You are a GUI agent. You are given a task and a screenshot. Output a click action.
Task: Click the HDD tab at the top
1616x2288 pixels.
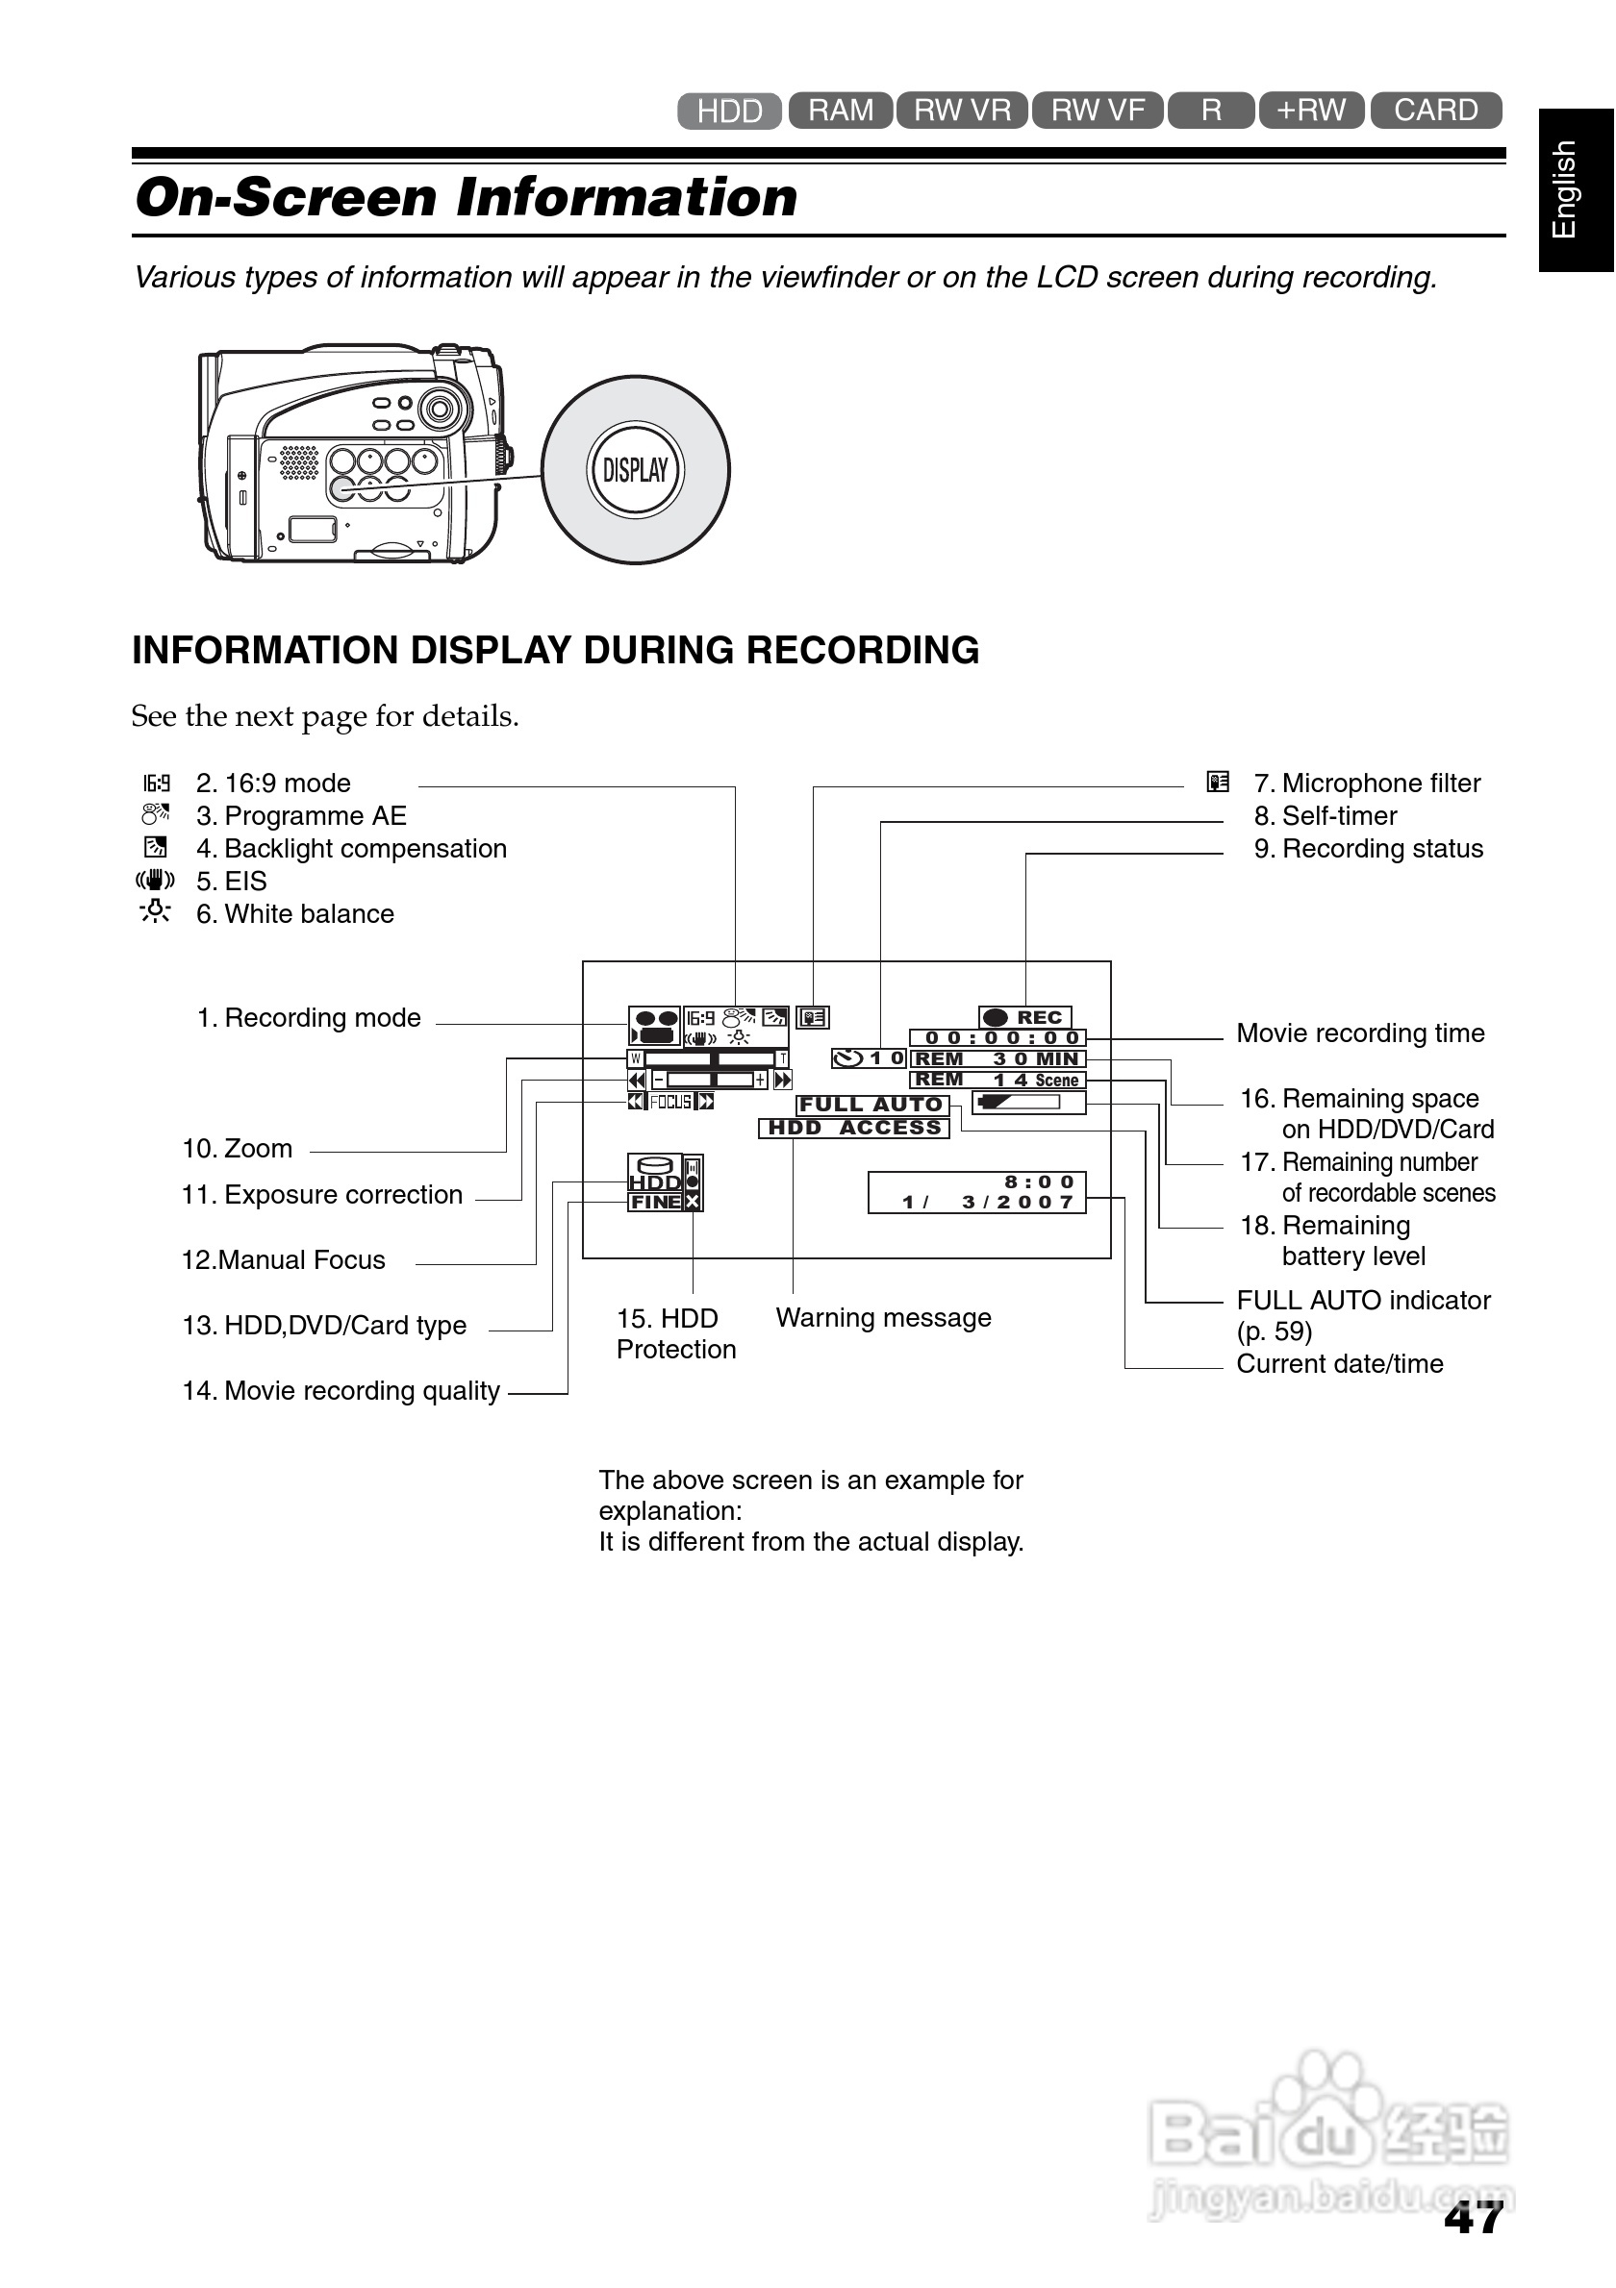pyautogui.click(x=729, y=111)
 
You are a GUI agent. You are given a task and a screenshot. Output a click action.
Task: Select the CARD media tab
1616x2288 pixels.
pyautogui.click(x=1434, y=110)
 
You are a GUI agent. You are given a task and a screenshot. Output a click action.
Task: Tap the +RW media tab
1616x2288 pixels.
pyautogui.click(x=1310, y=110)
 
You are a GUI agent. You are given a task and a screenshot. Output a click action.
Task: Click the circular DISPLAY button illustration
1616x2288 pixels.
pyautogui.click(x=635, y=469)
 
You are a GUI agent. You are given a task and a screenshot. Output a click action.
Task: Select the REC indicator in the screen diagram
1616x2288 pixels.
pyautogui.click(x=1024, y=1017)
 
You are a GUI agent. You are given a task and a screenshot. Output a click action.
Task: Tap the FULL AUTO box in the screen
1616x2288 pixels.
pyautogui.click(x=871, y=1105)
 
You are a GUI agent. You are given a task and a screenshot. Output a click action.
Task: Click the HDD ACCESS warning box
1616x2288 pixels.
pyautogui.click(x=853, y=1128)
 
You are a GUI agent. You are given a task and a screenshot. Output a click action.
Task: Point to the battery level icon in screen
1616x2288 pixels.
pyautogui.click(x=1028, y=1102)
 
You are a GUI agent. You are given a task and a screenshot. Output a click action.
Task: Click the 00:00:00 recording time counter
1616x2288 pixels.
pyautogui.click(x=997, y=1038)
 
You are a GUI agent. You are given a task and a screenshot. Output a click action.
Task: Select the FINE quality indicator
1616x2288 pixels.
pyautogui.click(x=655, y=1203)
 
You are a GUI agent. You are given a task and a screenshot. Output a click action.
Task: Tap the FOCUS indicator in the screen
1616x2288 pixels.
pyautogui.click(x=669, y=1102)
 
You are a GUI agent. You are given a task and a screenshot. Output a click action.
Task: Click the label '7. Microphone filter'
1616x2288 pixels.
pyautogui.click(x=1366, y=783)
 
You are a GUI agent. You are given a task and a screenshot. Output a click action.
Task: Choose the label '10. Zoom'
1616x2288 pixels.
pyautogui.click(x=238, y=1149)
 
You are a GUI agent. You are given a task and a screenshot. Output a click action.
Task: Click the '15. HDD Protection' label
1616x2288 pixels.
pyautogui.click(x=675, y=1333)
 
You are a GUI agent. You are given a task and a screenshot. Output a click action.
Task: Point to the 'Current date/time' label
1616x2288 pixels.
pyautogui.click(x=1339, y=1363)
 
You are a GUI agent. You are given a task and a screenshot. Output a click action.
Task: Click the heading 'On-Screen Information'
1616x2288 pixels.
pyautogui.click(x=467, y=197)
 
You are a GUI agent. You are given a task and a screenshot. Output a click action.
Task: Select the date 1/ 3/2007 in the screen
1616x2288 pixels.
pyautogui.click(x=987, y=1203)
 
